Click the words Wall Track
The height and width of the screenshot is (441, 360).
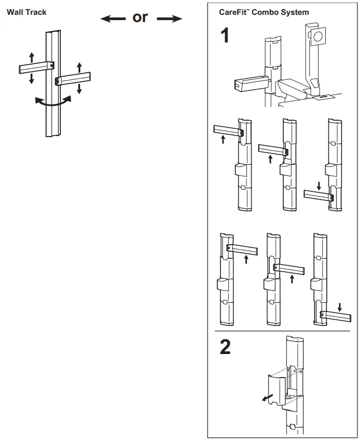26,12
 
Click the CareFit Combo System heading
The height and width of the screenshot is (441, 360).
264,12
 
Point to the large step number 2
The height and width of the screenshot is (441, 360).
225,347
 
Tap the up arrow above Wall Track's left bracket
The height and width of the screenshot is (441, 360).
32,57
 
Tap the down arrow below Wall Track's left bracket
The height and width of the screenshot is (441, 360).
32,78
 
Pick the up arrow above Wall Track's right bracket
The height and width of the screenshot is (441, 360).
79,67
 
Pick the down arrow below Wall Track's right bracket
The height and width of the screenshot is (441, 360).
79,89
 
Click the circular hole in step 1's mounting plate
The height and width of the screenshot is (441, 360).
318,36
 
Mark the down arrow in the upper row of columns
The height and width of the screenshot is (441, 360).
319,186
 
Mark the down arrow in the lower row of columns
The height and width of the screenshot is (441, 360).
340,308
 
